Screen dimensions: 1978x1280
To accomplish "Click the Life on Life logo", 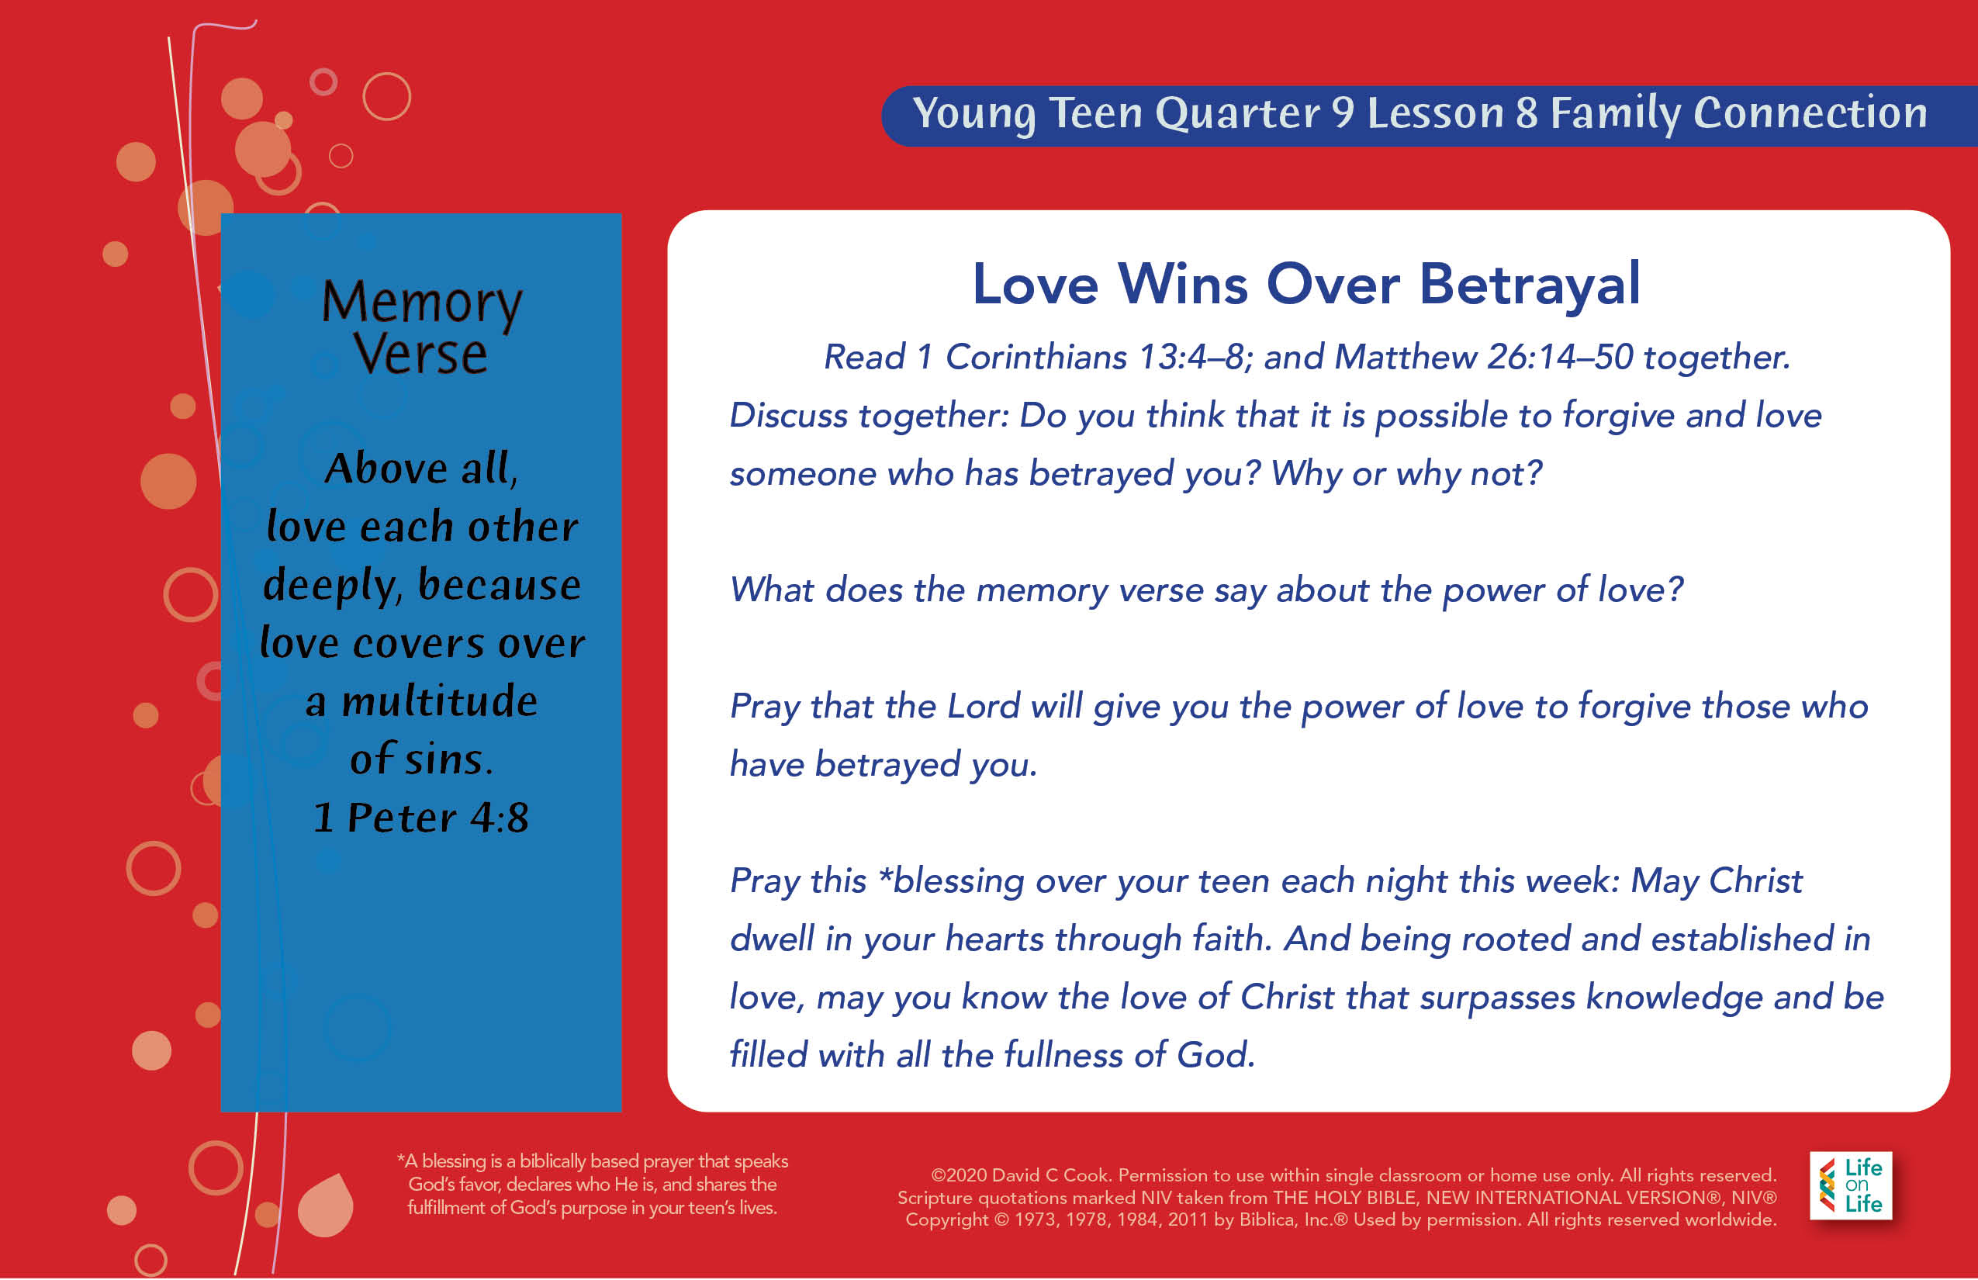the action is (1851, 1186).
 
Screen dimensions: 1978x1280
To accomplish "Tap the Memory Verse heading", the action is (421, 327).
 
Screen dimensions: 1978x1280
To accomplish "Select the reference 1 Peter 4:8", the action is (420, 817).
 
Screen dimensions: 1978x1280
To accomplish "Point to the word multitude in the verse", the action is (440, 701).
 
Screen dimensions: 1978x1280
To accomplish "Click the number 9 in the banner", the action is (1343, 112).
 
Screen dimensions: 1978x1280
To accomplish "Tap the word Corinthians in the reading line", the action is (1036, 358).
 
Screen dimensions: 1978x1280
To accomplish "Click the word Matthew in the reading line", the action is (1405, 358).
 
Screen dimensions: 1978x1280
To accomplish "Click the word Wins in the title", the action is (1183, 284).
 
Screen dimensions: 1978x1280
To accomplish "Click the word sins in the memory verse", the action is (449, 759).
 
